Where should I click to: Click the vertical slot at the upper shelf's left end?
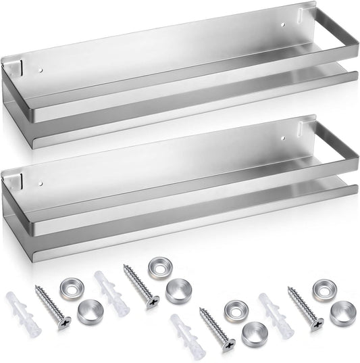click(21, 67)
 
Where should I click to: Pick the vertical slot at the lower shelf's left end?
click(21, 180)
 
